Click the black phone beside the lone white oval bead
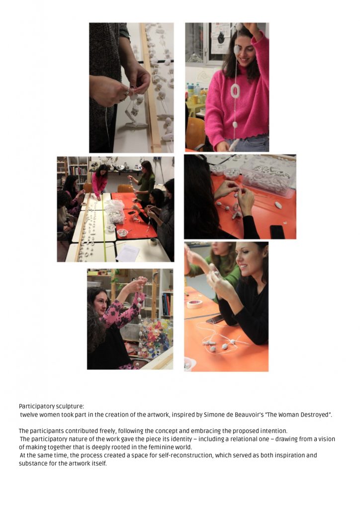click(x=277, y=232)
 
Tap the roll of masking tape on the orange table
click(x=194, y=304)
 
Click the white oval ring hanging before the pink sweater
click(x=235, y=91)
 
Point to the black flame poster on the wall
click(x=221, y=38)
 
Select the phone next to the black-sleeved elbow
click(x=215, y=320)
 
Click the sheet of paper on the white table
click(x=128, y=253)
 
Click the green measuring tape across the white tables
click(x=103, y=227)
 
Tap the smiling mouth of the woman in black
click(x=244, y=267)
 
